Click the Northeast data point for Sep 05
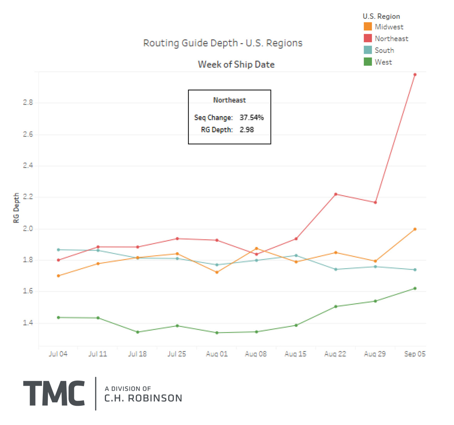pos(415,74)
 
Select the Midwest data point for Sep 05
pos(415,229)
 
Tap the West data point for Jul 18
pos(138,332)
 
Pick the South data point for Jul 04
pos(58,250)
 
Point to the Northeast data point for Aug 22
pos(336,194)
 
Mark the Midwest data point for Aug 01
pos(217,272)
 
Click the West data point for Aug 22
pos(336,307)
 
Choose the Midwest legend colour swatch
pos(368,27)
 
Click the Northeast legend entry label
pos(391,39)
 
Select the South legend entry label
pos(384,50)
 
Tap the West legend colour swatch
pos(368,62)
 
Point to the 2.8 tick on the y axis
pos(28,103)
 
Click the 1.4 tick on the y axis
pos(28,323)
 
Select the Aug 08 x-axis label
pos(256,354)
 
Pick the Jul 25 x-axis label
pos(177,354)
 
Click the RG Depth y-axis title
pos(16,208)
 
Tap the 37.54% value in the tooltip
pos(252,118)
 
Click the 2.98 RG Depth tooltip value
pos(247,130)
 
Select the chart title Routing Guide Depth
pos(223,43)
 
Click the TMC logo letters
pos(54,393)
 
